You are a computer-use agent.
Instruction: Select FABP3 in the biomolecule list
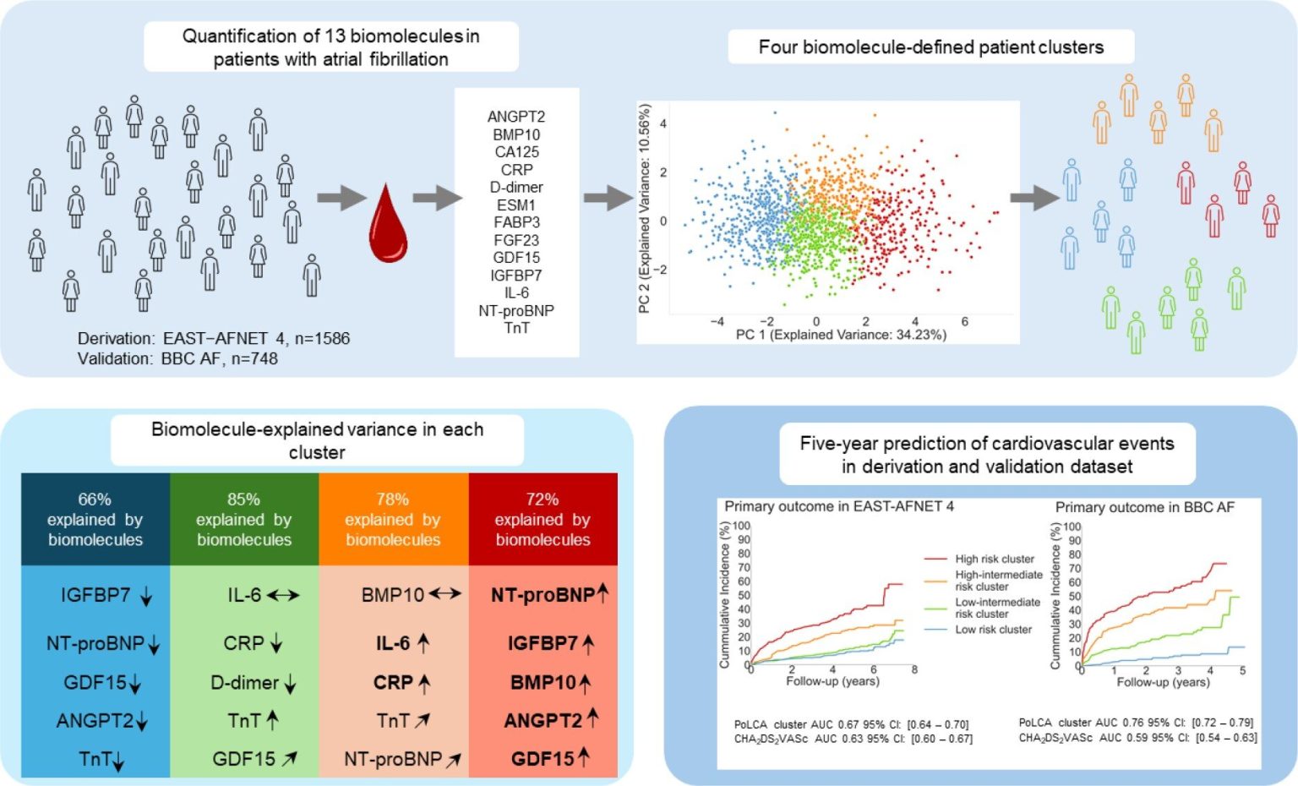pyautogui.click(x=516, y=222)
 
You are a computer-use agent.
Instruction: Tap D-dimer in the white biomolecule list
pyautogui.click(x=516, y=188)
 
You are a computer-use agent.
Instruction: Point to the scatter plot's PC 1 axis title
pyautogui.click(x=841, y=335)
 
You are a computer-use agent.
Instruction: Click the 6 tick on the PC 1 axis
pyautogui.click(x=964, y=321)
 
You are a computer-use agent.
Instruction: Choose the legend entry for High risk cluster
pyautogui.click(x=979, y=559)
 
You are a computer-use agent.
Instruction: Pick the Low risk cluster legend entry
pyautogui.click(x=978, y=630)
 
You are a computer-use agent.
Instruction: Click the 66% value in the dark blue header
pyautogui.click(x=95, y=499)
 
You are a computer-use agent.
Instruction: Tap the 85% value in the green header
pyautogui.click(x=244, y=499)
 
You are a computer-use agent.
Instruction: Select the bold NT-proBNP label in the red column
pyautogui.click(x=543, y=595)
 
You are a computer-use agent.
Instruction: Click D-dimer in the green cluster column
pyautogui.click(x=244, y=683)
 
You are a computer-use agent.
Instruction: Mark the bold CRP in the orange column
pyautogui.click(x=393, y=683)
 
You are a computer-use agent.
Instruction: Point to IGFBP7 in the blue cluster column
pyautogui.click(x=95, y=595)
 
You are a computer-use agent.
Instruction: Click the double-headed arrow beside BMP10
pyautogui.click(x=445, y=594)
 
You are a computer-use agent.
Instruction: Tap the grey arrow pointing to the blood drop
pyautogui.click(x=342, y=199)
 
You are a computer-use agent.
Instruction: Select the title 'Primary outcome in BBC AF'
pyautogui.click(x=1144, y=507)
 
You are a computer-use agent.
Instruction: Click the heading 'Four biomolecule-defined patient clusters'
pyautogui.click(x=930, y=47)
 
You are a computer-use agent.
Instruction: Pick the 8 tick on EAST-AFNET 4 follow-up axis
pyautogui.click(x=914, y=669)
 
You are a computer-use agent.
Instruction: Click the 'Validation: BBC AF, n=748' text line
pyautogui.click(x=177, y=359)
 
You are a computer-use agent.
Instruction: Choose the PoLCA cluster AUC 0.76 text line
pyautogui.click(x=1136, y=723)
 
